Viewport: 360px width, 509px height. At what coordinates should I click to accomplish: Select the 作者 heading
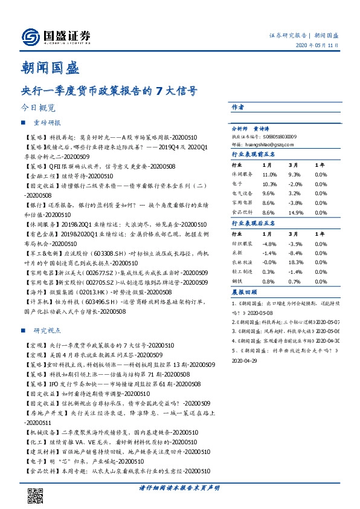click(x=237, y=107)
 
